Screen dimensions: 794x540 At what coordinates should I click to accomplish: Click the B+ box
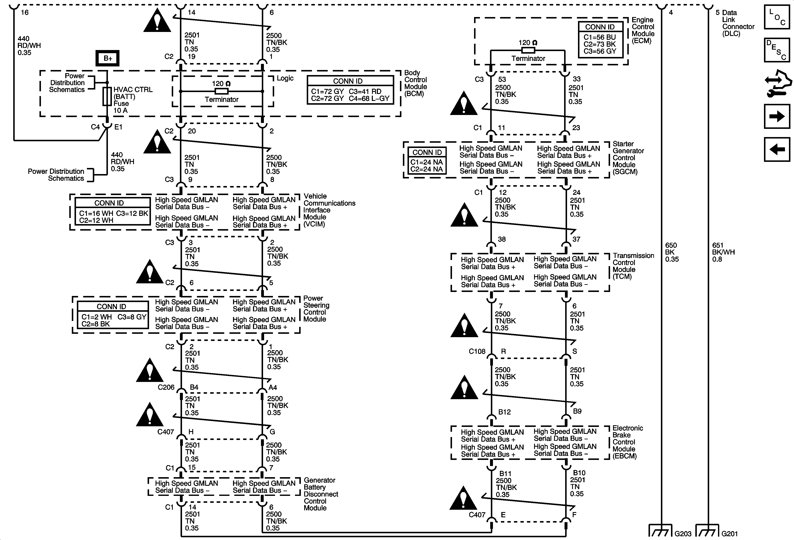click(108, 58)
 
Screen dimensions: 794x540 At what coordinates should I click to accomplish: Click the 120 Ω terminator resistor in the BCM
click(221, 91)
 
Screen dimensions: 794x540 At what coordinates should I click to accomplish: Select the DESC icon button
click(777, 50)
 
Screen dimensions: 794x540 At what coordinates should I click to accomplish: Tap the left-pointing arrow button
click(777, 149)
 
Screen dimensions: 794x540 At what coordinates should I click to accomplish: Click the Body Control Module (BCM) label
click(415, 83)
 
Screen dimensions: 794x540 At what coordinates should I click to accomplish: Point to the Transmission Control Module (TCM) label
click(633, 266)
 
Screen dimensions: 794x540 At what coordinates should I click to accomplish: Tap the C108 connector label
click(477, 351)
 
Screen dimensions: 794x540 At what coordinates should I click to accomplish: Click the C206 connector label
click(166, 387)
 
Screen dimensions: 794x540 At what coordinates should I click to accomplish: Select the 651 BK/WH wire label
click(723, 252)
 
